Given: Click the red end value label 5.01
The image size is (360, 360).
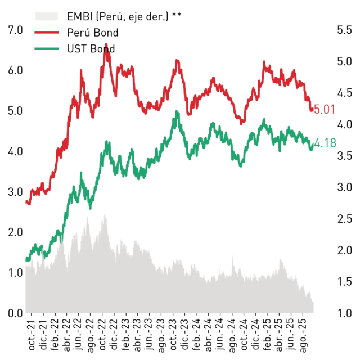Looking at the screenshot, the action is (x=325, y=109).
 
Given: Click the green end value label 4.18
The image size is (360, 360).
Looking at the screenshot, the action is (x=325, y=143).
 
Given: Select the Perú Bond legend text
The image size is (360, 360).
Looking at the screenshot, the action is (x=92, y=33).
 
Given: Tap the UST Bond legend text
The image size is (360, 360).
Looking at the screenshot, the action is (x=91, y=49).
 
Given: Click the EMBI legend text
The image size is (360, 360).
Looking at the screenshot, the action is (x=124, y=16).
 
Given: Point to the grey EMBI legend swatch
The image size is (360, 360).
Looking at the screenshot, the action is (x=47, y=16).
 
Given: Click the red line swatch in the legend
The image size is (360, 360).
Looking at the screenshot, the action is (x=47, y=33).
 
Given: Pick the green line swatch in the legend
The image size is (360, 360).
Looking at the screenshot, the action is (x=47, y=49).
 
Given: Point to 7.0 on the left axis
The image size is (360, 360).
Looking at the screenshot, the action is (x=15, y=30).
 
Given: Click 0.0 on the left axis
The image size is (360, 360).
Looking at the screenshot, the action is (x=15, y=313).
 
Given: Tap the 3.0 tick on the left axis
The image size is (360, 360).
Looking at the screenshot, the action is (x=15, y=192).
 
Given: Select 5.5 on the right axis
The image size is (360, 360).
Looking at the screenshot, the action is (x=344, y=30).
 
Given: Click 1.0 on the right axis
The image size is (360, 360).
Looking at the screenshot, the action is (x=344, y=313).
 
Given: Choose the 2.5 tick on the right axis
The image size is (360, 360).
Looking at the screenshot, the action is (x=344, y=219).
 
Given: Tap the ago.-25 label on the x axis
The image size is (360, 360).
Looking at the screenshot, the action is (x=303, y=335).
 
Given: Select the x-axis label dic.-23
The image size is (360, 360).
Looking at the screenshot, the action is (x=185, y=334).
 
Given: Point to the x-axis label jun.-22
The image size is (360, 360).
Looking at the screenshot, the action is (x=79, y=335).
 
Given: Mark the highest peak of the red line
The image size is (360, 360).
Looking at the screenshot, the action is (x=106, y=44).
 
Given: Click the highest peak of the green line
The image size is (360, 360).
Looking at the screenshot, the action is (x=177, y=111).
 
